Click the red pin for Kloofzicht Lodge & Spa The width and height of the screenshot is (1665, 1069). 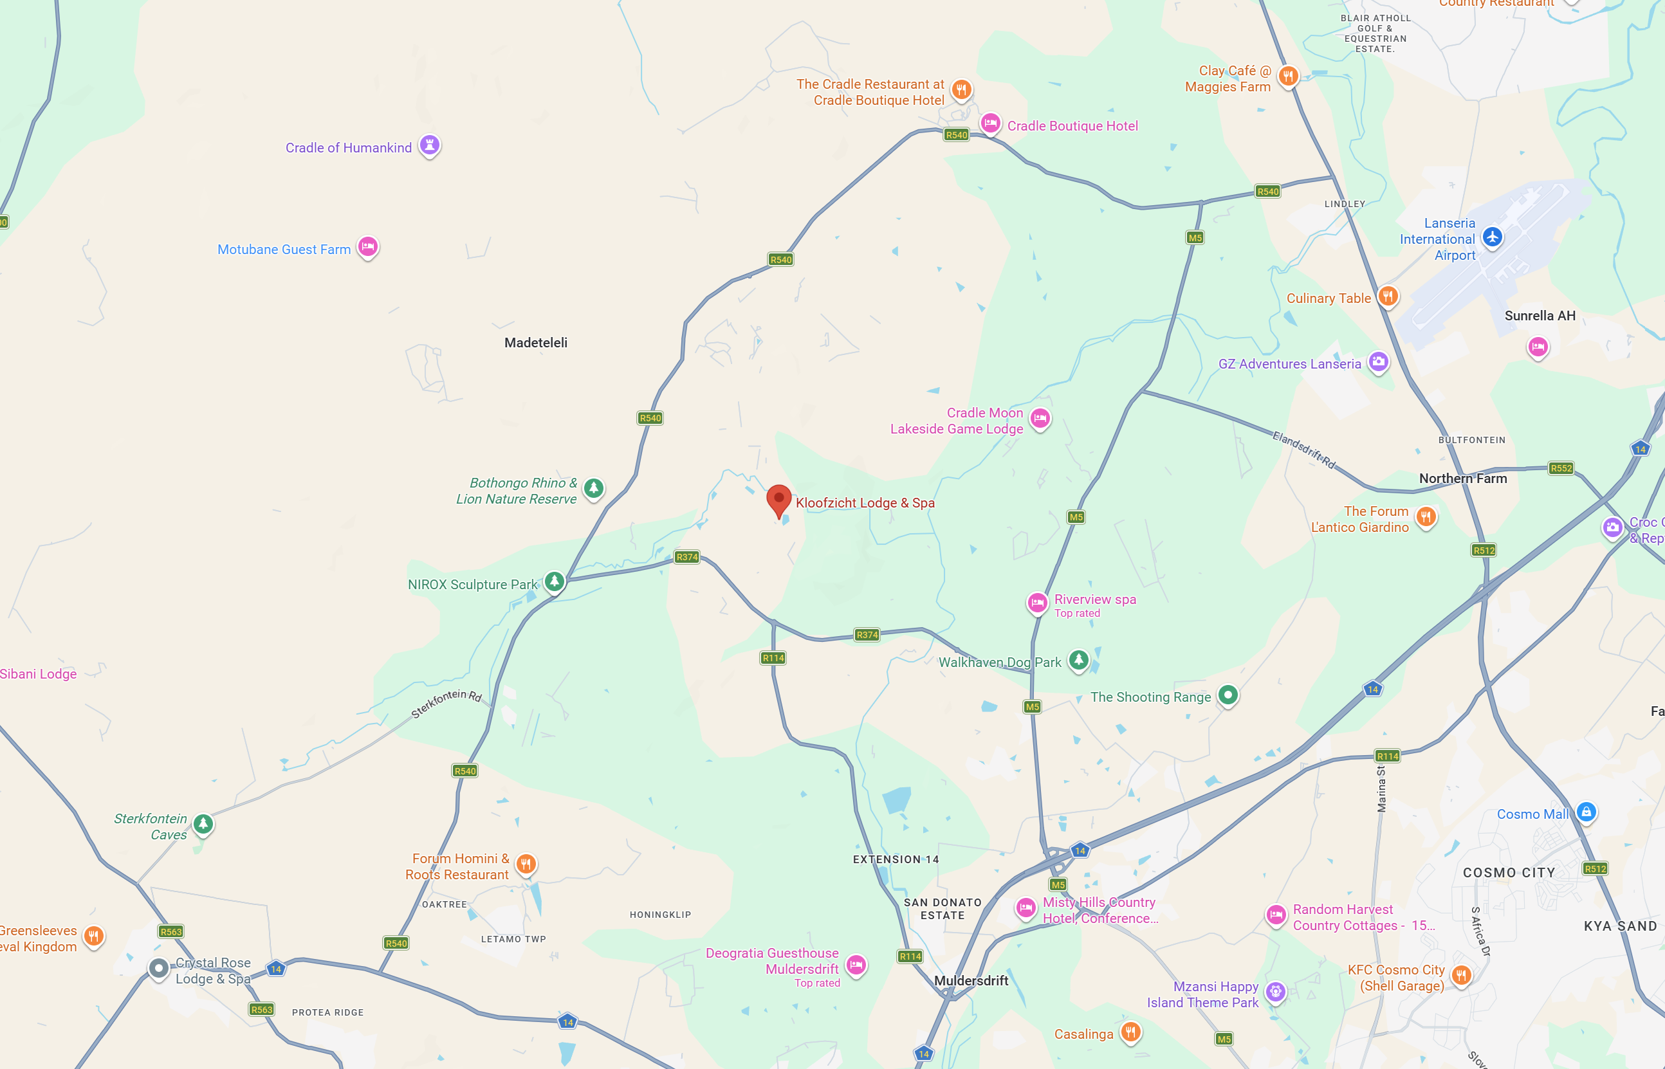click(778, 499)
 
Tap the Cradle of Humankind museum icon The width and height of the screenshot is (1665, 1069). click(430, 145)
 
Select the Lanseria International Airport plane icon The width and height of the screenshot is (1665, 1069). click(1492, 237)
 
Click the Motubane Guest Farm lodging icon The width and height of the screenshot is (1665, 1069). click(367, 246)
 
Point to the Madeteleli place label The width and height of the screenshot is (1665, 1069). click(535, 342)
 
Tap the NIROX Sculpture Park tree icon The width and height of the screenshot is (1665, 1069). click(554, 581)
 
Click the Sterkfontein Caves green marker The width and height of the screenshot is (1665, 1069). click(203, 823)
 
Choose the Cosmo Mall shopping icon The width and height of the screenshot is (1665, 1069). click(1586, 812)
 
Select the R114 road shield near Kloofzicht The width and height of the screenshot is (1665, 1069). click(773, 658)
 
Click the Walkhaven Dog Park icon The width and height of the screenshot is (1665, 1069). click(1078, 659)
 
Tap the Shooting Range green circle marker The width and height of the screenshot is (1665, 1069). click(1228, 694)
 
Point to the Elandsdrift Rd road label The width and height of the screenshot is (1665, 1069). click(1303, 450)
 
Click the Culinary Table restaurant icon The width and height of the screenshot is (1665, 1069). click(1387, 297)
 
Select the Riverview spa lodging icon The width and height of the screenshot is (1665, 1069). click(1036, 603)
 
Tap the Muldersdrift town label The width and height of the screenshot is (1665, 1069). click(971, 980)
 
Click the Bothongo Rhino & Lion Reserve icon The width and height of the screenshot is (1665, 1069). click(593, 488)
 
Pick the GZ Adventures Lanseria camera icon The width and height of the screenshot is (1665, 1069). click(1378, 361)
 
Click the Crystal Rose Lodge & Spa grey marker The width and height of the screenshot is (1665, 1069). click(158, 967)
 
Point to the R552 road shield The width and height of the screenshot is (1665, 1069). click(1561, 468)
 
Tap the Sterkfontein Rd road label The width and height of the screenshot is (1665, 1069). click(446, 702)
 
